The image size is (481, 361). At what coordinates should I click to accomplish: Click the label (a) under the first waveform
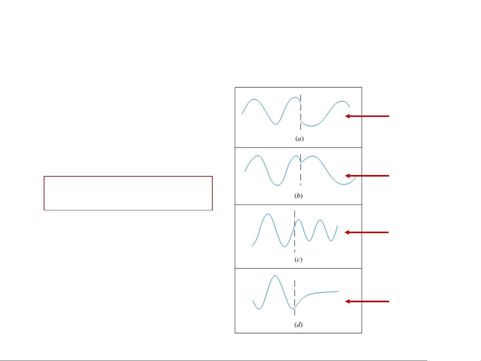coord(299,139)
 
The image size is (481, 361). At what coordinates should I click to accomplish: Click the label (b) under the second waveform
coord(298,196)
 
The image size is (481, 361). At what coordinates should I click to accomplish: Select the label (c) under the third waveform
coord(298,259)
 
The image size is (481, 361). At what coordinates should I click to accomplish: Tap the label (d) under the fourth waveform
coord(298,324)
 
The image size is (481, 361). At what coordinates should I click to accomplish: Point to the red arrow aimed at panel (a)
coord(367,116)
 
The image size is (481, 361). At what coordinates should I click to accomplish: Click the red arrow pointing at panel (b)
coord(367,176)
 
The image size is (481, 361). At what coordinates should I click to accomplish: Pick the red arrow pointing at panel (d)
coord(367,302)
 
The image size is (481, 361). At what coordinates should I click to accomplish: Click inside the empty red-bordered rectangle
coord(128,193)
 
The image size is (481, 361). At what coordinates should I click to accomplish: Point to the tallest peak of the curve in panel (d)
coord(275,276)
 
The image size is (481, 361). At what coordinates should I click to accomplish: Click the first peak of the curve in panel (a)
coord(254,100)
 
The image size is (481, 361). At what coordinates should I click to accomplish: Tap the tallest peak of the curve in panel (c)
coord(267,214)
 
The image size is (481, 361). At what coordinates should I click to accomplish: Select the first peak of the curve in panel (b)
coord(257,156)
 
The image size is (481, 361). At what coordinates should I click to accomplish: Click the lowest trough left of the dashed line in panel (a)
coord(276,124)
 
